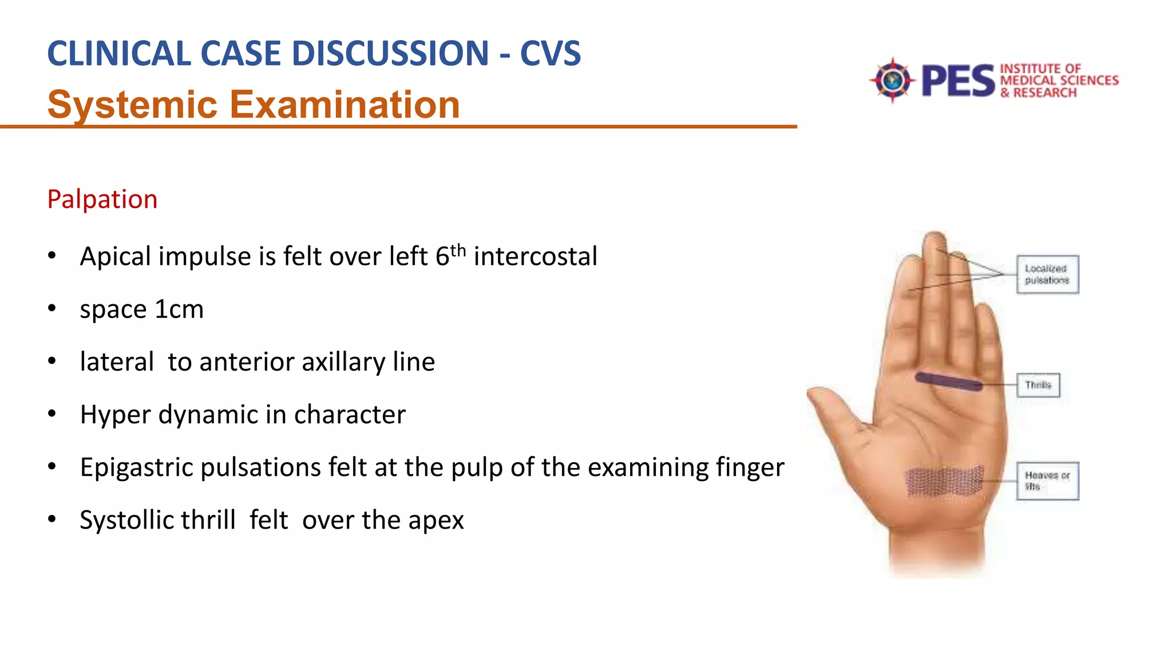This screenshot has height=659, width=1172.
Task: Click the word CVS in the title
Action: [550, 54]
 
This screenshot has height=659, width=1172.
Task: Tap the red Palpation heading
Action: [102, 200]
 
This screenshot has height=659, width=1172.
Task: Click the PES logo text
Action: [958, 81]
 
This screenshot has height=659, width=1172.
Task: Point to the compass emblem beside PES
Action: [892, 80]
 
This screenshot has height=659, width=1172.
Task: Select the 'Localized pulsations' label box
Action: [1047, 275]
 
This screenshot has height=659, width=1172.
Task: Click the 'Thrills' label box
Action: [1038, 385]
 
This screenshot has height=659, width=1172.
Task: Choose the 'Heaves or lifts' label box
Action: [1047, 481]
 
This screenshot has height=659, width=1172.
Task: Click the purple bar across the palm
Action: [949, 382]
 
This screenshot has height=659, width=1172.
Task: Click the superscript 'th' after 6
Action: [458, 251]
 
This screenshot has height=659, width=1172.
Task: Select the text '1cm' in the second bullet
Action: [179, 309]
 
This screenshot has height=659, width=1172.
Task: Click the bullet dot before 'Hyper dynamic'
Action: [52, 414]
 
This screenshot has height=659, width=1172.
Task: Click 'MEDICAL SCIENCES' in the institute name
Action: [1059, 80]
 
